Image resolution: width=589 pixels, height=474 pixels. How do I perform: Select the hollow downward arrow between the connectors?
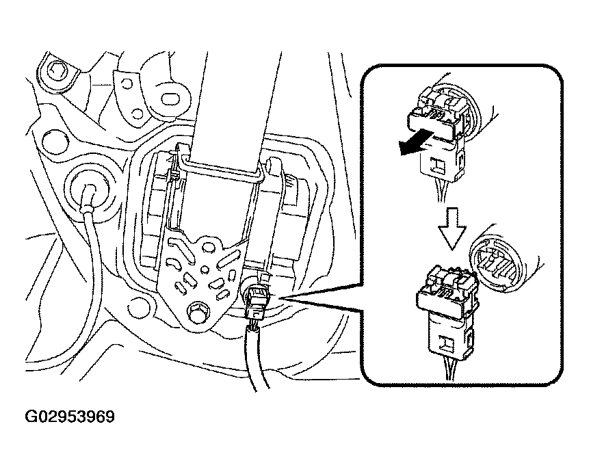pos(452,228)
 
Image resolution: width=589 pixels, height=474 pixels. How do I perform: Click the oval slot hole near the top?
pos(172,98)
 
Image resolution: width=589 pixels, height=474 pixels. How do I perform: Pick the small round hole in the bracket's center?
pos(205,269)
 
